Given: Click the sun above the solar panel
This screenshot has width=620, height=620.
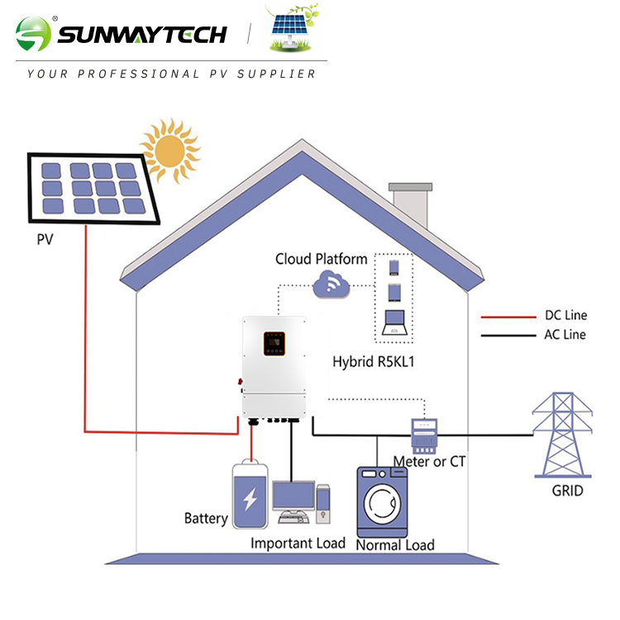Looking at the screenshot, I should coord(169,150).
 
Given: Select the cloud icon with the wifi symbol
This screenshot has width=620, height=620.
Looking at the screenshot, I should coord(331,286).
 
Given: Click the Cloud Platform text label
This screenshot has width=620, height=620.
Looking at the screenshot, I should coord(322,260).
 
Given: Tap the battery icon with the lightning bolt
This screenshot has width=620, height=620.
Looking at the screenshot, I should coord(250,496).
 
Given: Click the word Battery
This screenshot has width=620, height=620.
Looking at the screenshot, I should coord(206,518).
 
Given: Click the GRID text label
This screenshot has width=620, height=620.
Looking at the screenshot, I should coord(567,490).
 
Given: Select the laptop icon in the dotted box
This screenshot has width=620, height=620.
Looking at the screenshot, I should coord(393,322).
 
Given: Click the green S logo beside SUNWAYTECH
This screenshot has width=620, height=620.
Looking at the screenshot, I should coord(33,34).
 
